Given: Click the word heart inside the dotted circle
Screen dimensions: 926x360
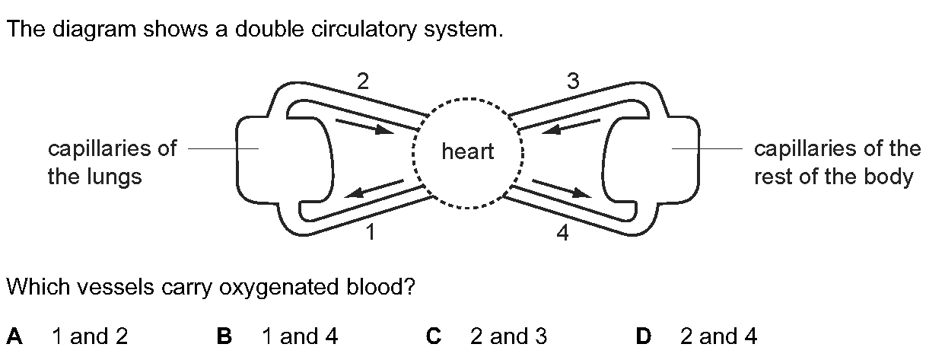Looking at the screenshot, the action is coord(467,151).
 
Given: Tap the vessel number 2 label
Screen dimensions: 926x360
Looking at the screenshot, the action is coord(362,81).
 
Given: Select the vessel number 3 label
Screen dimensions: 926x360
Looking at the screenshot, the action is coord(573,81).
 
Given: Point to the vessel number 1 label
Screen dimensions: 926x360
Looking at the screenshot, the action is coord(371,232).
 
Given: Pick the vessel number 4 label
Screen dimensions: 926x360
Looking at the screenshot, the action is coord(562,233).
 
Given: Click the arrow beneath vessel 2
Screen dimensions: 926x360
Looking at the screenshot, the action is coord(364,127).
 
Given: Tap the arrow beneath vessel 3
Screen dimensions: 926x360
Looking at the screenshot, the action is coord(571,127).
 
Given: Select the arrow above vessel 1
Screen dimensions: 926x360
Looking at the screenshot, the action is coord(374,189).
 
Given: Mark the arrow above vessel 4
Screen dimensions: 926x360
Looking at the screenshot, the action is coord(562,189).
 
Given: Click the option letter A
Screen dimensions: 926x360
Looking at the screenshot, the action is coord(14,336).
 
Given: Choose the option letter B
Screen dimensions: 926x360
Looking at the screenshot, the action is coord(224,336).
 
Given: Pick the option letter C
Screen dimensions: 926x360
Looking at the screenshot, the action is coord(434,336).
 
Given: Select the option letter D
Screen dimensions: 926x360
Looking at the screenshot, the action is coord(643,336).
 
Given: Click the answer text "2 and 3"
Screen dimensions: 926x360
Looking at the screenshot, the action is coord(508,336).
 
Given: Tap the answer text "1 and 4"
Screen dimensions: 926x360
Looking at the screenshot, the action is coord(300,336).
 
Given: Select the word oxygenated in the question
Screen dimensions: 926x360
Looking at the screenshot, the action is coord(278,287).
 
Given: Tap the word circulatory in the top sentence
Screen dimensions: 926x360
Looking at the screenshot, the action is coord(364,30).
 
